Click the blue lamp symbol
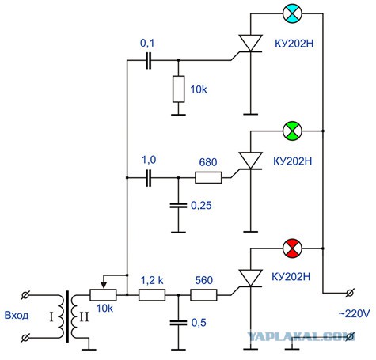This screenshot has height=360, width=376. [292, 13]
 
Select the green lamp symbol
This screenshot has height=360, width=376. [292, 131]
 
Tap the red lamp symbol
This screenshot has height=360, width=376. [292, 248]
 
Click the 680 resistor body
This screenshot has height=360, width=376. [208, 177]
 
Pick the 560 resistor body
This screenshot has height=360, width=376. [203, 295]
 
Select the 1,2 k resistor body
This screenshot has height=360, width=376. [152, 295]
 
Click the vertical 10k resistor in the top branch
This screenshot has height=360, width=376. [179, 89]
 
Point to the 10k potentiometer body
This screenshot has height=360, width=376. [103, 295]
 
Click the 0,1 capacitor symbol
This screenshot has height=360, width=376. [149, 60]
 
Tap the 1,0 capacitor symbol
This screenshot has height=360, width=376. [149, 178]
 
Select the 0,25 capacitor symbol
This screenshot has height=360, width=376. [179, 205]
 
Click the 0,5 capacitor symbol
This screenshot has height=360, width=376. [179, 323]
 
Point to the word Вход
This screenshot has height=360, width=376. [17, 316]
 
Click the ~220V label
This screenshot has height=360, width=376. [355, 313]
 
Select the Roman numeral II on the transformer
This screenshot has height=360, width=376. [84, 317]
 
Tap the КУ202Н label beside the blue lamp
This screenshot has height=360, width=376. [294, 44]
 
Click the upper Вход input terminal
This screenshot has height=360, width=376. [25, 295]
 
